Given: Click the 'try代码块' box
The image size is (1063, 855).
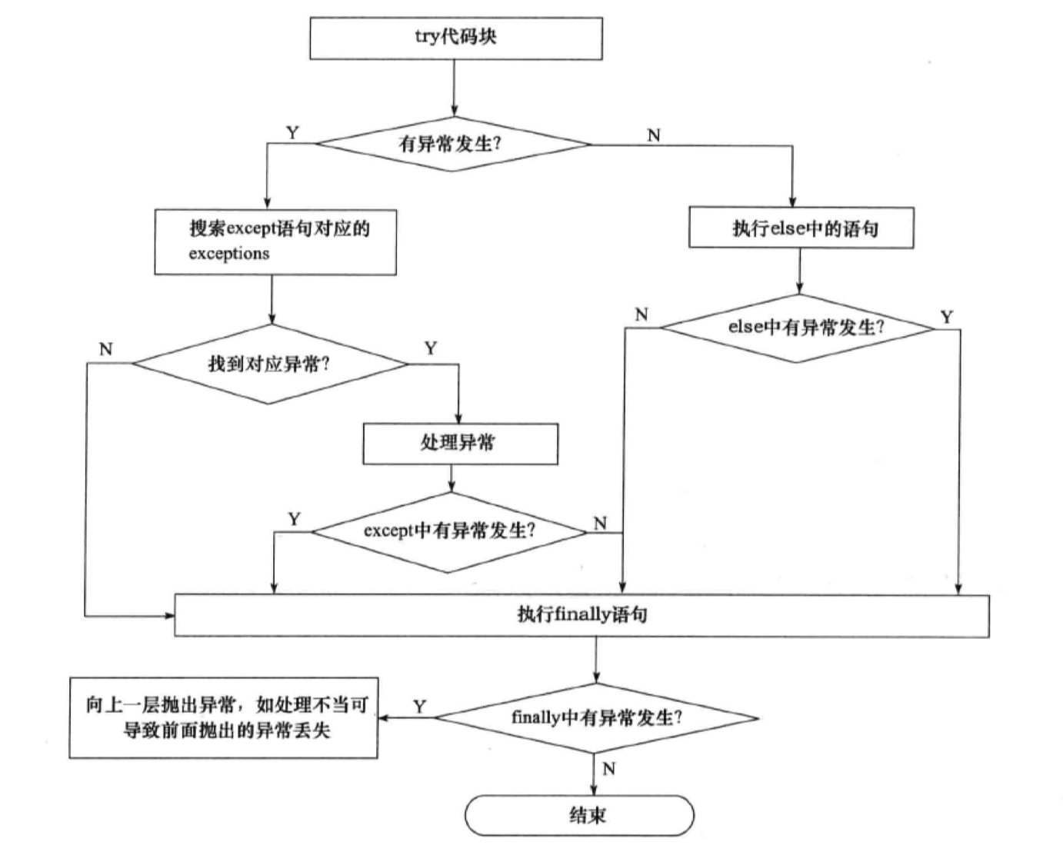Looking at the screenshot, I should [x=455, y=38].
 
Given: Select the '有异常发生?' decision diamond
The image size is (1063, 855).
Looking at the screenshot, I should [x=452, y=144].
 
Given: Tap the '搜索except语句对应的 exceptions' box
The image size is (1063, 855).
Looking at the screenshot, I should [x=275, y=241].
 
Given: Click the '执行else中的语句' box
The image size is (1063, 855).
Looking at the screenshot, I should [x=801, y=228].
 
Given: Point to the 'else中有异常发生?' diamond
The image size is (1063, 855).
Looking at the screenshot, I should [x=798, y=328].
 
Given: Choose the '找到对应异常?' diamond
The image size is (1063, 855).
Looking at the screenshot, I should [x=269, y=364].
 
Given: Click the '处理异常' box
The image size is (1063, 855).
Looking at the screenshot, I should [x=460, y=443].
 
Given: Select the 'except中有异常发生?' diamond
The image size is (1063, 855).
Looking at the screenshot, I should [x=449, y=531].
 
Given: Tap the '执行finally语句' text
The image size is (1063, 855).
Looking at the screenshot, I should [x=581, y=614].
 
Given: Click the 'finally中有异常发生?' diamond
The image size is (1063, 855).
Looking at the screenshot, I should [x=596, y=718].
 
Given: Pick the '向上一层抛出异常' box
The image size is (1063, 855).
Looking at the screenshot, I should [x=223, y=717].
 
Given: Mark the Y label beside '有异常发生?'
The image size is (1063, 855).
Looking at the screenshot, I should [x=292, y=133].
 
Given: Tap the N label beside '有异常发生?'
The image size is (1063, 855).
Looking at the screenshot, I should [x=654, y=135].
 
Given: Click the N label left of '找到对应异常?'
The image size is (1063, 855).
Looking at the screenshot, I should [x=106, y=349].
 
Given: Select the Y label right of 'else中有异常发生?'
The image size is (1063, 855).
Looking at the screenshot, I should [x=947, y=317].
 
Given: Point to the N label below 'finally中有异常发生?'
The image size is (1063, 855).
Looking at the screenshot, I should [x=609, y=769].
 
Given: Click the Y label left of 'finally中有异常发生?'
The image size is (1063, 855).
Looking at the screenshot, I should [x=419, y=707].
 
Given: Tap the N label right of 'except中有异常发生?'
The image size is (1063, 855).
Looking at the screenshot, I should [x=601, y=524].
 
